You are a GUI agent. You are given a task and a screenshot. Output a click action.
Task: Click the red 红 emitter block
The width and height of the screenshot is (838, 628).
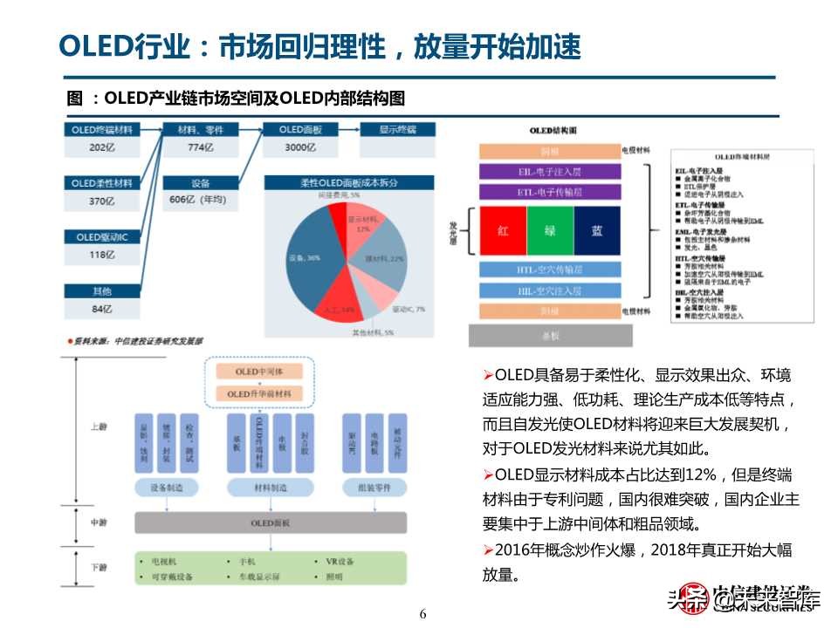pos(503,230)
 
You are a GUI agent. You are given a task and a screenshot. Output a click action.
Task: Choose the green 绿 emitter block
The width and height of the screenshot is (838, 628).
pos(550,230)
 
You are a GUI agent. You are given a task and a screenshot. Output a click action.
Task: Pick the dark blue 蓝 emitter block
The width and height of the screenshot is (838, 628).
pos(596,230)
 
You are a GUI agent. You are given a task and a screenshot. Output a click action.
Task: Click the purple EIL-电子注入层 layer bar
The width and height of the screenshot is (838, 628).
pos(549,172)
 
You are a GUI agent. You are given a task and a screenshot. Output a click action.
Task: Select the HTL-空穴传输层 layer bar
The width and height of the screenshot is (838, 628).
pos(549,270)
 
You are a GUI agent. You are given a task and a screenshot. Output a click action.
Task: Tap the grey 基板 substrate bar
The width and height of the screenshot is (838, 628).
pos(549,335)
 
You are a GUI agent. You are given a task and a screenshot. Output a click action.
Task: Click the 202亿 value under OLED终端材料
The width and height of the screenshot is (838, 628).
pos(102,148)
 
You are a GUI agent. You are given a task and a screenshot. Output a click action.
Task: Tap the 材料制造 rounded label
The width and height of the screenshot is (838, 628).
pos(270,488)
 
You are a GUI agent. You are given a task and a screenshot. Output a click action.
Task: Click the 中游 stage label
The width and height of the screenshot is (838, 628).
pos(99,522)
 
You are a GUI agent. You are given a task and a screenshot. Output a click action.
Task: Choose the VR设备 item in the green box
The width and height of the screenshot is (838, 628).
pos(333,563)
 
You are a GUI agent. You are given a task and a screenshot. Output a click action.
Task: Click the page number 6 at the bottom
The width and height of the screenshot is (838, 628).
pos(423,614)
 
